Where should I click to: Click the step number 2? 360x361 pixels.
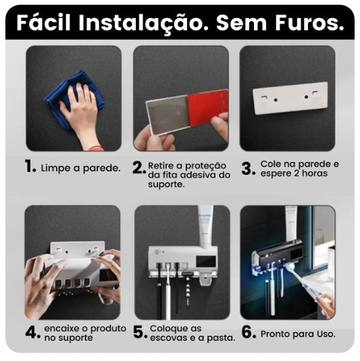(x=138, y=168)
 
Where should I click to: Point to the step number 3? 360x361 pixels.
(x=247, y=168)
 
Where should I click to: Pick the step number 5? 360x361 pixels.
(x=140, y=332)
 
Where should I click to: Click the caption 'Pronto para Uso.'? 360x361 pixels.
(x=297, y=333)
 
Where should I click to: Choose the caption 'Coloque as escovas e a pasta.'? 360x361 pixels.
(x=192, y=333)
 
